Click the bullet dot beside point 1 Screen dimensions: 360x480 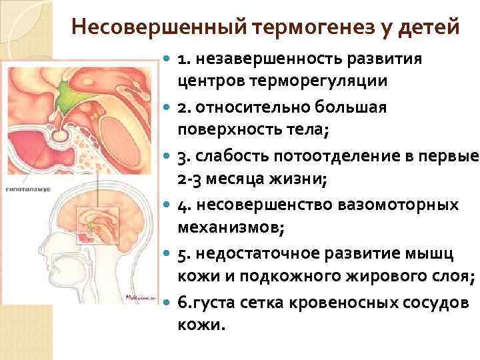167,59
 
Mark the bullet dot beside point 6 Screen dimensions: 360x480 167,301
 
